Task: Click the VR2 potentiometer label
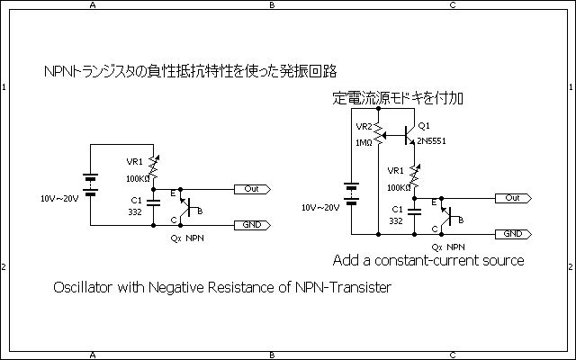364,126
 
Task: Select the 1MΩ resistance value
364,143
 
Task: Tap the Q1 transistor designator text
425,125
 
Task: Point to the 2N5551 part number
431,142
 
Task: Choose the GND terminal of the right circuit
512,234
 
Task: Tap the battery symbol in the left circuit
89,184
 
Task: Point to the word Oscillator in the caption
85,288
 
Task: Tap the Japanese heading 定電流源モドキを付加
398,97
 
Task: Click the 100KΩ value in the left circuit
138,179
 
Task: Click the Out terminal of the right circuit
512,198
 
